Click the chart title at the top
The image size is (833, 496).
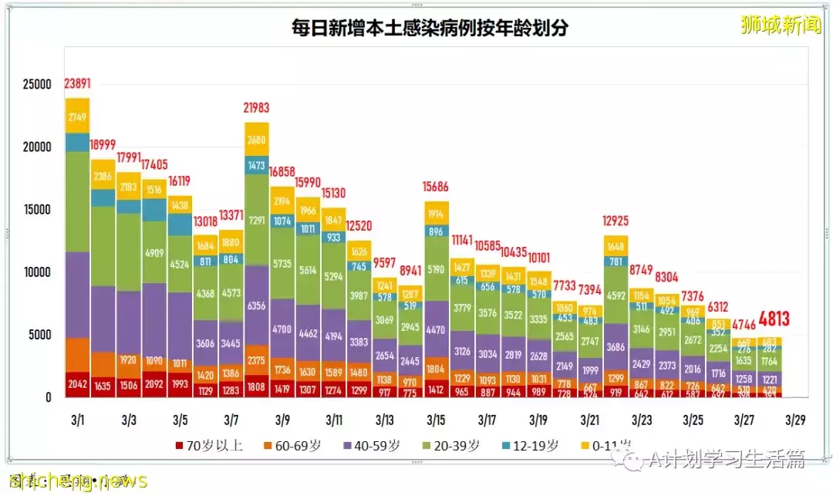click(x=430, y=28)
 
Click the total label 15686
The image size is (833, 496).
click(x=437, y=187)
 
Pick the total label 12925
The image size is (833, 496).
click(x=615, y=223)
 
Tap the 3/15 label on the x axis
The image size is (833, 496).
click(x=436, y=420)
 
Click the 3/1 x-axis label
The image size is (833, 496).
click(x=78, y=420)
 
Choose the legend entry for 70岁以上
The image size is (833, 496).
click(x=209, y=446)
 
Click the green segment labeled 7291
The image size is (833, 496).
click(x=257, y=220)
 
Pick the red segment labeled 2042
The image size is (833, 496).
click(x=78, y=384)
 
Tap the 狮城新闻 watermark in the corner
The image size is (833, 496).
click(x=779, y=25)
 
